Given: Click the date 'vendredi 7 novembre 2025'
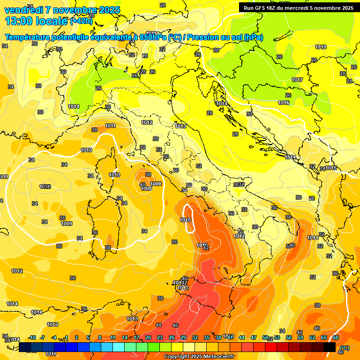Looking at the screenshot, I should (x=62, y=10).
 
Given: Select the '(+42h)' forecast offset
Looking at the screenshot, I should (x=82, y=21).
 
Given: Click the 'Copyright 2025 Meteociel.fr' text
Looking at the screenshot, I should (x=199, y=356).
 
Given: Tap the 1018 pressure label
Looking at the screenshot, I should (x=321, y=47).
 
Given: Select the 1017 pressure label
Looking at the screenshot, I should (x=297, y=80).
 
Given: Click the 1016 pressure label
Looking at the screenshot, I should (x=284, y=103).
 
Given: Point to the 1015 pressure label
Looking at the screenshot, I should (x=331, y=168).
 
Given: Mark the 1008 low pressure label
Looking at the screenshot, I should (x=146, y=188).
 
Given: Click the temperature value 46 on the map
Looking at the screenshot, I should (x=175, y=325).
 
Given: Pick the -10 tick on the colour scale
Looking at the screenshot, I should (x=32, y=337).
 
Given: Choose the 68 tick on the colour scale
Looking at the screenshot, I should (x=336, y=337).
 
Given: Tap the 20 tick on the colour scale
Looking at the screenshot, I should (x=148, y=337).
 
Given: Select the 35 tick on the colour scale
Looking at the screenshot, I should (x=207, y=337).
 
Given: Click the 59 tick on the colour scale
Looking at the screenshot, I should (x=300, y=337).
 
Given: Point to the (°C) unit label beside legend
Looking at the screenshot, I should (x=344, y=348).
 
